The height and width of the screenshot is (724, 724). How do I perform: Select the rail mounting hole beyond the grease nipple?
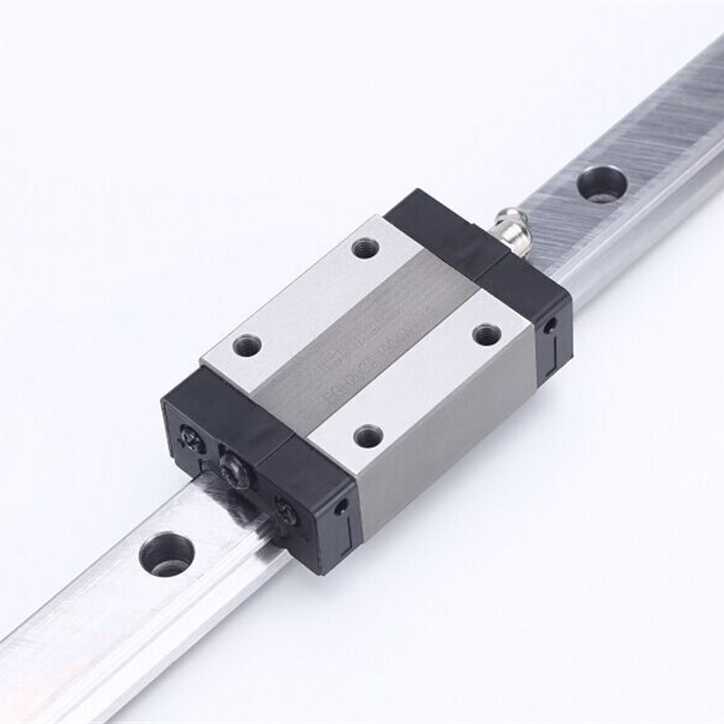click(602, 184)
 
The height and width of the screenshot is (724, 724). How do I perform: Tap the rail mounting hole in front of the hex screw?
click(167, 553)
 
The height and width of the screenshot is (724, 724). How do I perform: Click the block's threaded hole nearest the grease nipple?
click(366, 247)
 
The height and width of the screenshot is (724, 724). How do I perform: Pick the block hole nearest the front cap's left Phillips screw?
click(247, 345)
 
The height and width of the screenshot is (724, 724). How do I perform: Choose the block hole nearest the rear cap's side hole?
click(487, 334)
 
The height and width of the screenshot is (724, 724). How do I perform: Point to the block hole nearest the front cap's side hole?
click(367, 437)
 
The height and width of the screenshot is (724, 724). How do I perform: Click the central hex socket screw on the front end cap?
click(233, 468)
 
